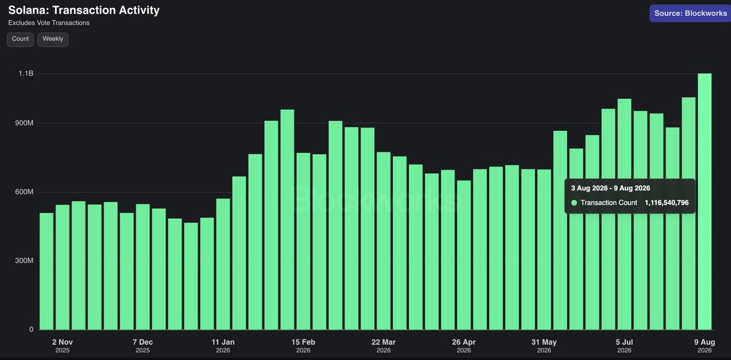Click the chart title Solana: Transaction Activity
pyautogui.click(x=84, y=10)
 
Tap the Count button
pyautogui.click(x=20, y=39)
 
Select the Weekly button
pyautogui.click(x=53, y=39)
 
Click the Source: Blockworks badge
pyautogui.click(x=688, y=14)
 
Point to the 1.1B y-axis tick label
pyautogui.click(x=26, y=74)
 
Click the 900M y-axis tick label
pyautogui.click(x=24, y=123)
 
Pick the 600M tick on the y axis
pyautogui.click(x=24, y=192)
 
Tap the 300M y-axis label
pyautogui.click(x=24, y=260)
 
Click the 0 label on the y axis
pyautogui.click(x=31, y=330)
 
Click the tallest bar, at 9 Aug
pyautogui.click(x=705, y=202)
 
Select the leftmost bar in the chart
pyautogui.click(x=46, y=272)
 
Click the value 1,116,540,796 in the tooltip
pyautogui.click(x=666, y=203)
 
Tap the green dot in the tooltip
pyautogui.click(x=574, y=203)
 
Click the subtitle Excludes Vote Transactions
pyautogui.click(x=49, y=23)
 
